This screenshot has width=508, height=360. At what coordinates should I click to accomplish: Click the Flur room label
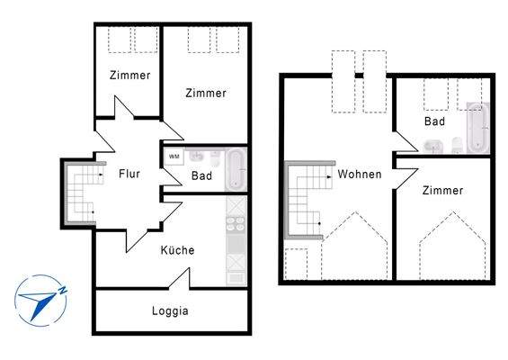pos(129,175)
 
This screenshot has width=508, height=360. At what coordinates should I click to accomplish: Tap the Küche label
pos(177,250)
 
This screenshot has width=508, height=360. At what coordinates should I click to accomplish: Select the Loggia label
pos(171,311)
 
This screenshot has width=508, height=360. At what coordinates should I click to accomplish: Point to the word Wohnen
pos(360,174)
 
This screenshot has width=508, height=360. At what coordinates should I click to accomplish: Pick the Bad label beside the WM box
pos(202,176)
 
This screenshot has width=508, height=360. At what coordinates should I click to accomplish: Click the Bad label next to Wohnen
pos(435,121)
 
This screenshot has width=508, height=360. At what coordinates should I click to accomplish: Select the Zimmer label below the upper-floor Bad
pos(442,191)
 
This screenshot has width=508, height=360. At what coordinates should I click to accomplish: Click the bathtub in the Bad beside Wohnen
pos(477,129)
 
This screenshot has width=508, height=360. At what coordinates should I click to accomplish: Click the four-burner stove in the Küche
pos(237,226)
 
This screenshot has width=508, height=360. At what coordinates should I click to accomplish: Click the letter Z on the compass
pos(63,290)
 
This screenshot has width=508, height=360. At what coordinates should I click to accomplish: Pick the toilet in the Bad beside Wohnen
pos(457,146)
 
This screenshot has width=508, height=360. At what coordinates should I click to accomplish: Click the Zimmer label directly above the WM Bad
pos(206,93)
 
